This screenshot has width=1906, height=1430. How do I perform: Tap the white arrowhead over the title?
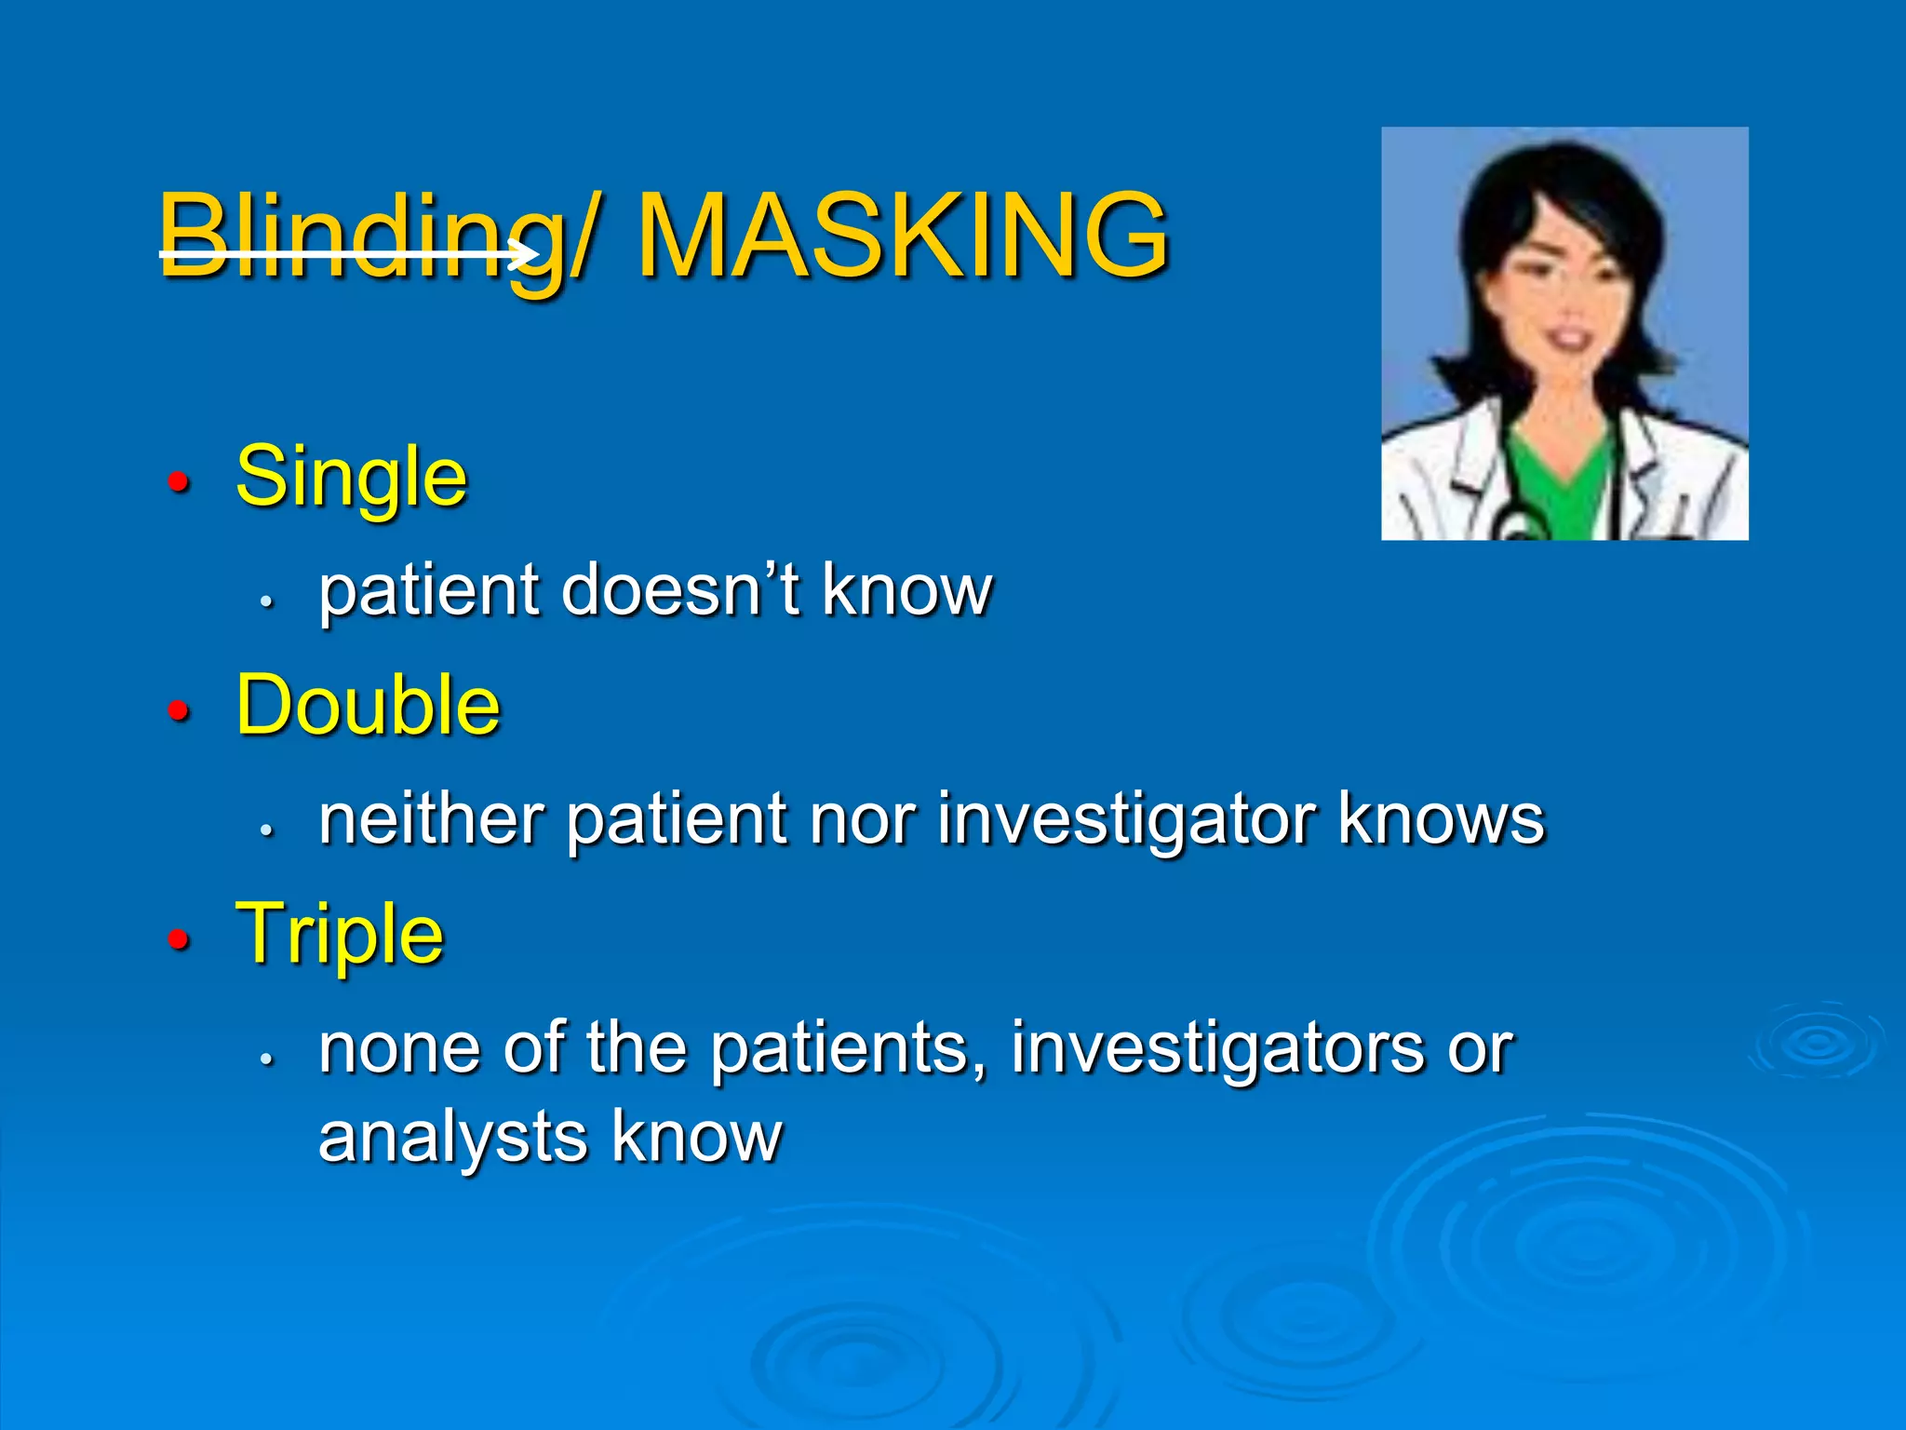pyautogui.click(x=527, y=252)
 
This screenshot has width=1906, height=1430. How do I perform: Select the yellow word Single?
pyautogui.click(x=351, y=477)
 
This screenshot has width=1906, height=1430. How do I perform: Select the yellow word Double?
pyautogui.click(x=368, y=705)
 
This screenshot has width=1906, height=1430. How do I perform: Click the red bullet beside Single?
pyautogui.click(x=178, y=482)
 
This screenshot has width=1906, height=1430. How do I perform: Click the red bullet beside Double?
pyautogui.click(x=178, y=711)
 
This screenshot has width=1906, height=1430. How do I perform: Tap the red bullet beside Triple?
pyautogui.click(x=178, y=939)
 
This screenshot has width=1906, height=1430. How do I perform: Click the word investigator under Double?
pyautogui.click(x=1125, y=820)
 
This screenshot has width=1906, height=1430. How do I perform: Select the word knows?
pyautogui.click(x=1441, y=818)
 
